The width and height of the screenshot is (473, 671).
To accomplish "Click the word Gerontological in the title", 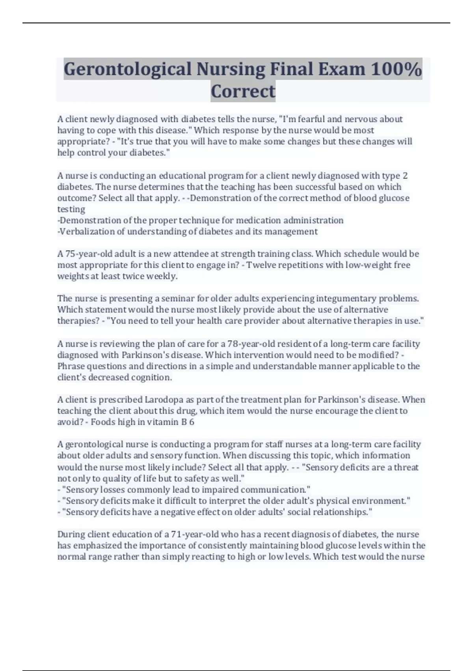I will (127, 69).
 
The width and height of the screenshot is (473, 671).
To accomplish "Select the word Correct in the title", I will (243, 91).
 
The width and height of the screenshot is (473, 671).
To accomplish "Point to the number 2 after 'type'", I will (405, 176).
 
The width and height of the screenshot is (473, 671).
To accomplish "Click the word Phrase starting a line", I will (71, 366).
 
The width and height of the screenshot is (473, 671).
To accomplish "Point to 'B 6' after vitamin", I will (188, 422).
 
